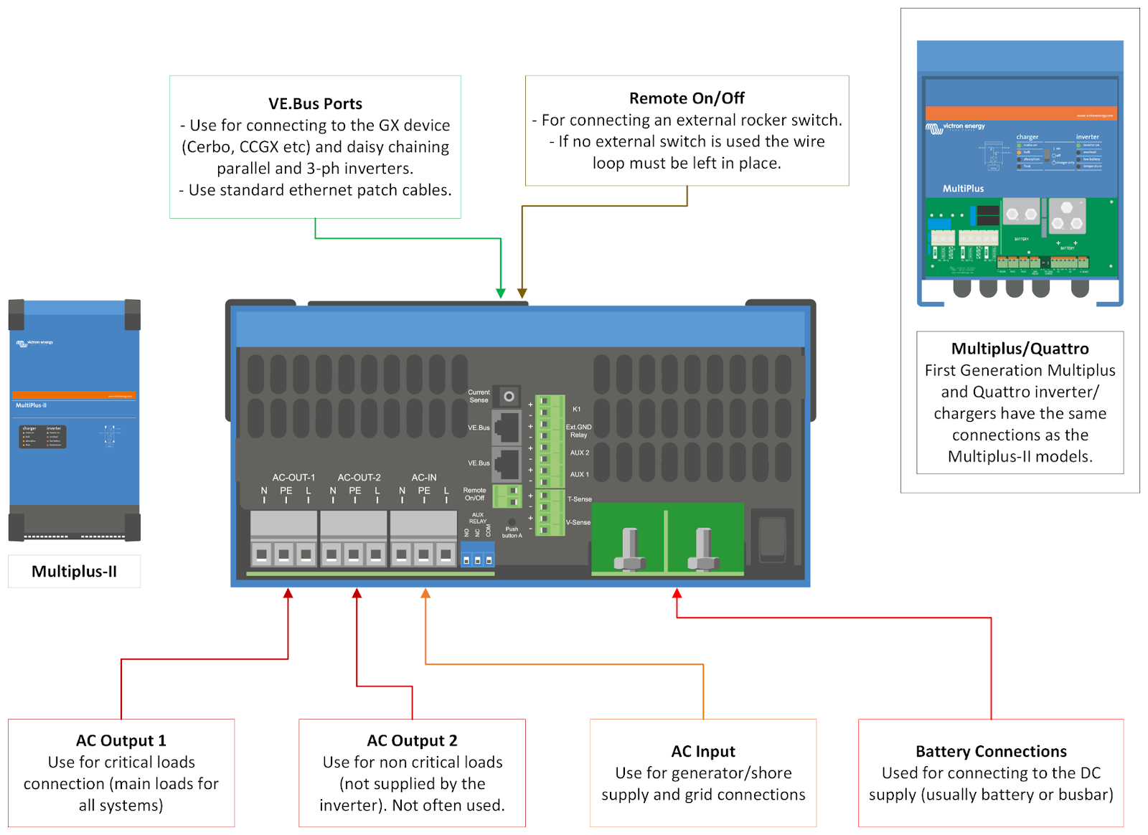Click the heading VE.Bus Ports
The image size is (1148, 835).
[315, 104]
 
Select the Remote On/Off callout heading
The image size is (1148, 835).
[687, 98]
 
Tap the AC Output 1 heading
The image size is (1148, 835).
[121, 740]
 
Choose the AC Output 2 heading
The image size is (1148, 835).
[412, 740]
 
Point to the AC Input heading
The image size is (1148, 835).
[703, 751]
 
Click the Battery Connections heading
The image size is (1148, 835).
[991, 751]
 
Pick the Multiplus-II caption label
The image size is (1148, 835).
[74, 572]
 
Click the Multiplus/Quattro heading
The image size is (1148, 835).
[1020, 349]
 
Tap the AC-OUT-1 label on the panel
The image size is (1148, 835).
[293, 477]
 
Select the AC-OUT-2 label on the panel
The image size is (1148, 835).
[359, 477]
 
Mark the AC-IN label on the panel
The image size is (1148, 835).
[424, 477]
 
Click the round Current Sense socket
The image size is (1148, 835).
[509, 396]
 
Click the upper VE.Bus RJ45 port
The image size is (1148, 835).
[507, 427]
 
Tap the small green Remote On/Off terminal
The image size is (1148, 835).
[508, 496]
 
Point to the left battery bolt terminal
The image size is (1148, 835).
[630, 550]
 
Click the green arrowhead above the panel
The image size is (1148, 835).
[501, 293]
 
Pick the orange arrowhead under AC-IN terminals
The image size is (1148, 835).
[425, 593]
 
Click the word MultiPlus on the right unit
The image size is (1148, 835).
[963, 189]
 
